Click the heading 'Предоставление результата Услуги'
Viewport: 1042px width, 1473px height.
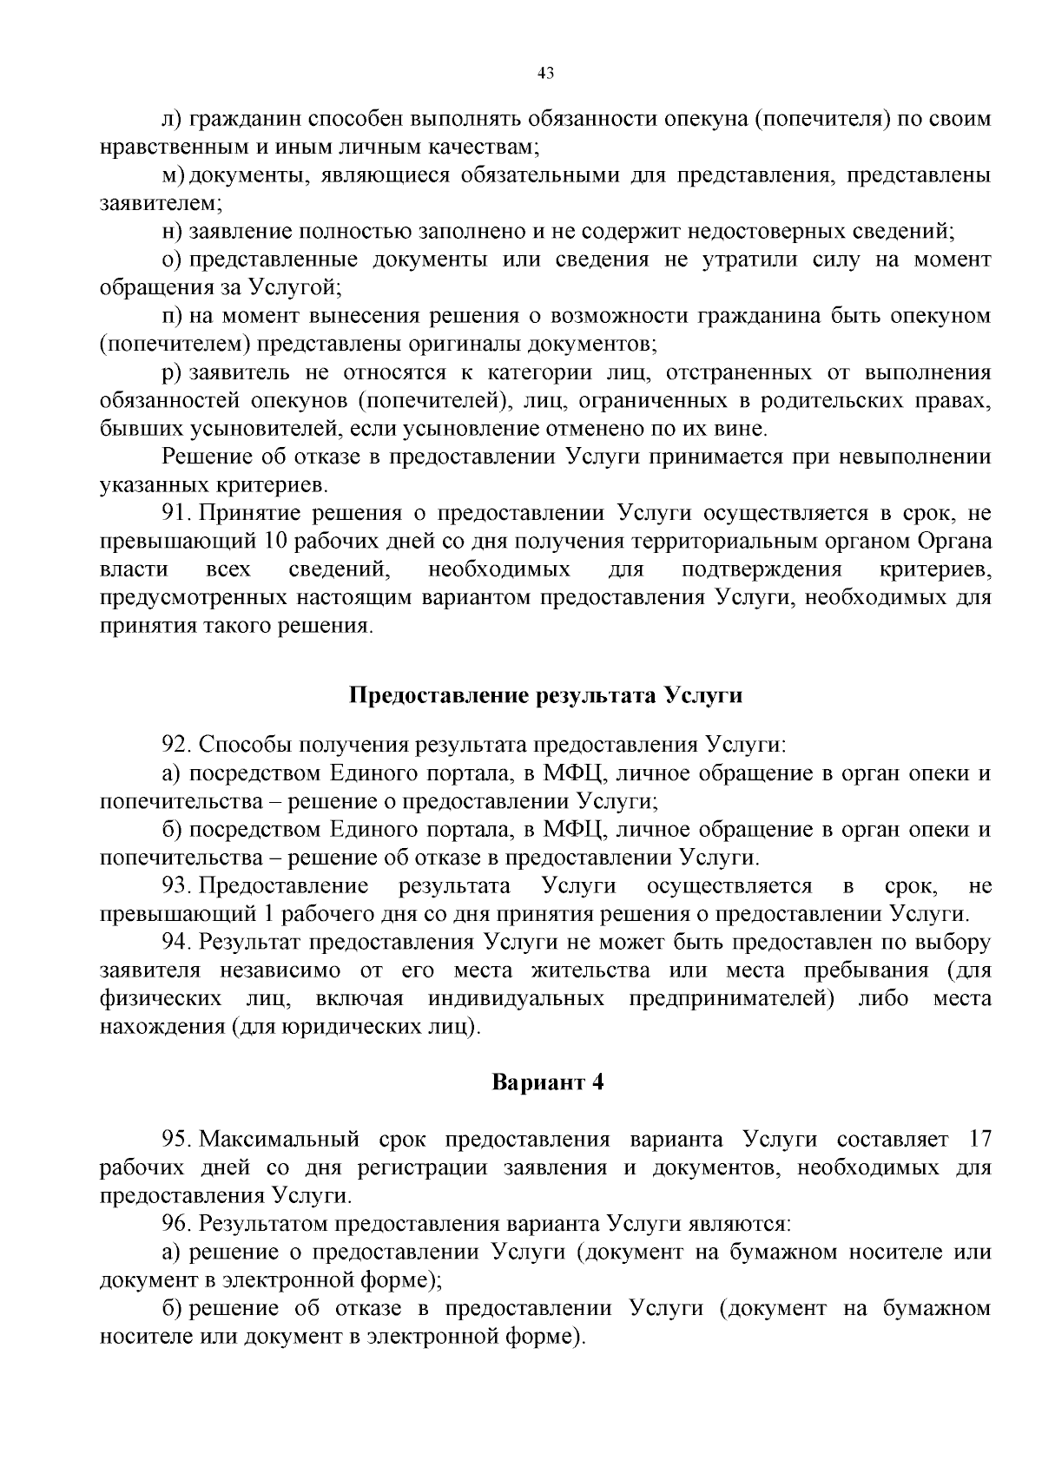546,696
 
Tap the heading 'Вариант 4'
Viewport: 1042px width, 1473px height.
547,1082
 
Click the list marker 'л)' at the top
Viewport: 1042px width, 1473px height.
172,119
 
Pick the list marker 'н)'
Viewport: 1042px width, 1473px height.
172,232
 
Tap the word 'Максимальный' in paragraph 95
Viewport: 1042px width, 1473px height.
280,1139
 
